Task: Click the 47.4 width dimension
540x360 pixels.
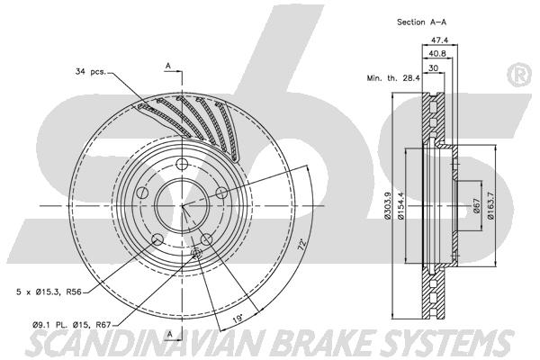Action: pyautogui.click(x=440, y=40)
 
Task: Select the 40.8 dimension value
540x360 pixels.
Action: pyautogui.click(x=436, y=53)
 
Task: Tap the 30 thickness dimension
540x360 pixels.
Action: pyautogui.click(x=433, y=68)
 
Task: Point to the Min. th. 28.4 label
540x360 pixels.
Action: pyautogui.click(x=393, y=78)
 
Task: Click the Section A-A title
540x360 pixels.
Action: pyautogui.click(x=421, y=22)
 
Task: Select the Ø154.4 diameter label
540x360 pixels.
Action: pyautogui.click(x=400, y=206)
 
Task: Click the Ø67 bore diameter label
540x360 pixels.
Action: pyautogui.click(x=477, y=206)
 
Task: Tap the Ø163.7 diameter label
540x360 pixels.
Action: pyautogui.click(x=490, y=206)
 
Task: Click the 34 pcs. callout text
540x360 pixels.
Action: pyautogui.click(x=91, y=72)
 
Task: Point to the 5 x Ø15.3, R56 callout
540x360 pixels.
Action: pyautogui.click(x=49, y=292)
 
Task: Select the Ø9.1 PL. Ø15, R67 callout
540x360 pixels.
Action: pyautogui.click(x=72, y=324)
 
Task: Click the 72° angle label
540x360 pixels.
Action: pyautogui.click(x=302, y=244)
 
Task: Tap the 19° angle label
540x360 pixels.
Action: pyautogui.click(x=238, y=319)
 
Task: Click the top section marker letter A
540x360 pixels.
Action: pyautogui.click(x=168, y=66)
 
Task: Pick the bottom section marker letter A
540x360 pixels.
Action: pyautogui.click(x=169, y=334)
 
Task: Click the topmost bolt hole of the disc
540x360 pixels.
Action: pyautogui.click(x=182, y=164)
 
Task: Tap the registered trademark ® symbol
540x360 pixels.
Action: pyautogui.click(x=519, y=76)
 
